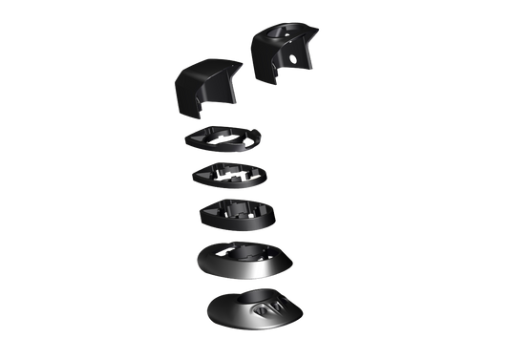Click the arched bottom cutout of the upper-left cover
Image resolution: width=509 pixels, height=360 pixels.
[213, 108]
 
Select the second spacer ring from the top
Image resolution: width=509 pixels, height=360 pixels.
[229, 176]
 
